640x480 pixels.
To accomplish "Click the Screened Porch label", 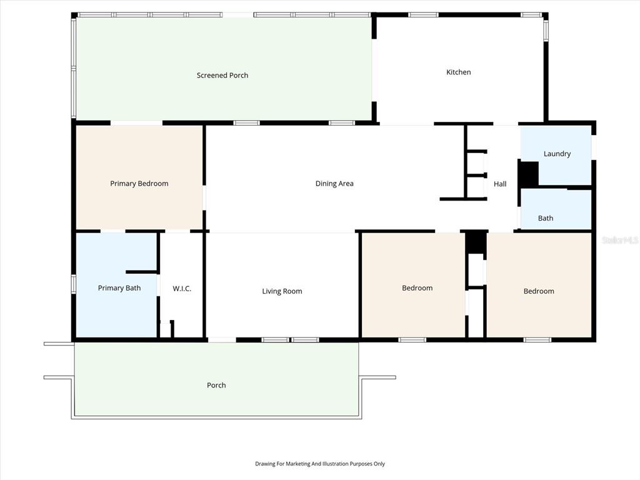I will pos(222,76).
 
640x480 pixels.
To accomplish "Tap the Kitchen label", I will pos(458,72).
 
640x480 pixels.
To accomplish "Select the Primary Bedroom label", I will pos(139,184).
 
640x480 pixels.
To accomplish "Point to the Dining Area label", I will pos(334,184).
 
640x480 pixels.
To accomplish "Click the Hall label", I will pos(500,184).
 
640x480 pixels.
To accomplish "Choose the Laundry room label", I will pos(557,154).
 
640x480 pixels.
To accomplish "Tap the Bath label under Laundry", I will pos(546,218).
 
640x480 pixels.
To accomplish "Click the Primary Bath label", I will pos(119,288).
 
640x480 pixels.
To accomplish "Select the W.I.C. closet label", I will pos(182,289).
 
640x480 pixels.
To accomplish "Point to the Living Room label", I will pos(282,291).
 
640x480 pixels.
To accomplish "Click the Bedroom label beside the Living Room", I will pos(417,288).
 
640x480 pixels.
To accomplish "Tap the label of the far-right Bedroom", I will pos(539,291).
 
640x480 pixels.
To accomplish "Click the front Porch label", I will pos(216,386).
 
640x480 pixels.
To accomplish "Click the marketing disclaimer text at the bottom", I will pos(320,464).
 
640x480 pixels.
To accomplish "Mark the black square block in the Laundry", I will pos(529,174).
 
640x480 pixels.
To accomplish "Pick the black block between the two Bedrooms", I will pos(476,242).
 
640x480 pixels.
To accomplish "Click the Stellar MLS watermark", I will pos(620,240).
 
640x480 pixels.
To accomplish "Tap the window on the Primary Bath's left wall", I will pos(74,284).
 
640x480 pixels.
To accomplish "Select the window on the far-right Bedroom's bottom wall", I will pos(537,340).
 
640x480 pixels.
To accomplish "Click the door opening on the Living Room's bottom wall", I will pos(222,340).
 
